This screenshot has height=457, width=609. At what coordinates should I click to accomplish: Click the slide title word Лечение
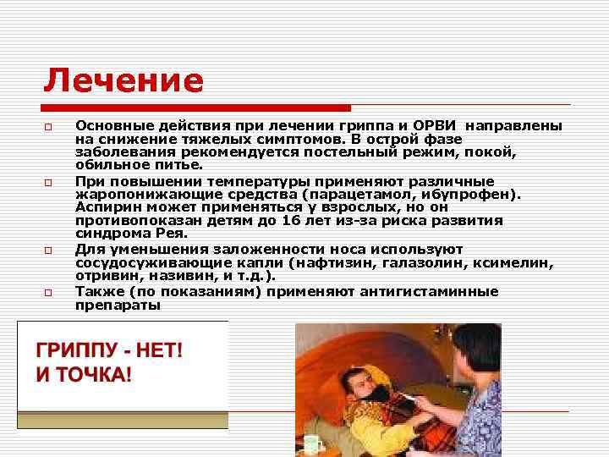click(123, 81)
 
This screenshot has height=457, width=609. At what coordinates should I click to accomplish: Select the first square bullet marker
click(50, 127)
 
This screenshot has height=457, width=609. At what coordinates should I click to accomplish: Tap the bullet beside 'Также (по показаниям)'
click(50, 293)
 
